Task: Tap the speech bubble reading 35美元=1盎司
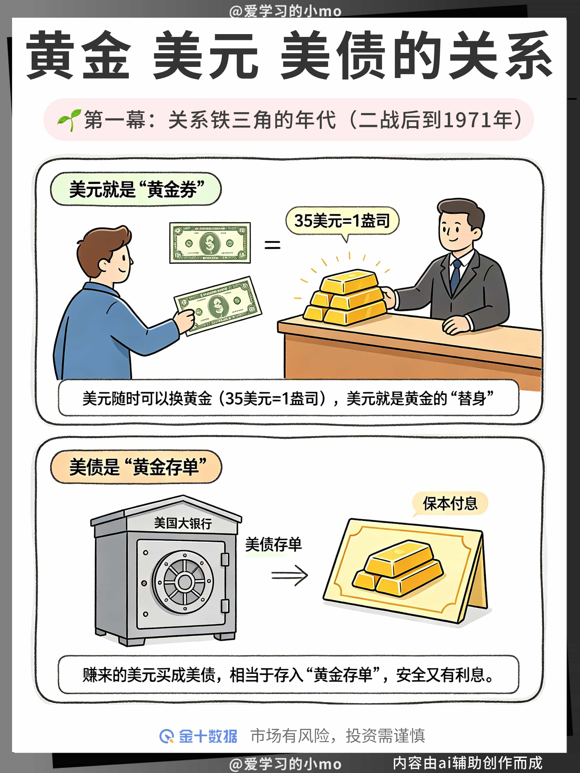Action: click(x=342, y=221)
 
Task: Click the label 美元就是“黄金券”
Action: click(x=136, y=189)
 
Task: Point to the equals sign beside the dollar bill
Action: click(x=272, y=244)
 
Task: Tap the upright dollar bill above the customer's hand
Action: click(x=210, y=243)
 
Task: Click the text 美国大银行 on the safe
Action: click(x=183, y=523)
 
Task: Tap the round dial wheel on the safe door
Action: click(x=183, y=582)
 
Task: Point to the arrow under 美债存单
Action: click(x=289, y=575)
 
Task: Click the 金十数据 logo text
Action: click(x=208, y=736)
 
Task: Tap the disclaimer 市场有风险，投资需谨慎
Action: click(x=338, y=736)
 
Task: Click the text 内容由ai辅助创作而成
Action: click(x=468, y=763)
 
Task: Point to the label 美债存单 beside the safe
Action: click(x=273, y=544)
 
